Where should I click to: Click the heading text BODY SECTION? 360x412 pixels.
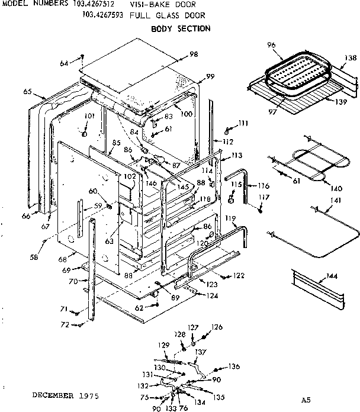(x=180, y=28)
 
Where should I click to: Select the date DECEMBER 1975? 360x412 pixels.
(x=65, y=394)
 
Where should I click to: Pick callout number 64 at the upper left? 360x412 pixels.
(x=64, y=62)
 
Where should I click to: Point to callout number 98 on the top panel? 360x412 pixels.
(x=193, y=54)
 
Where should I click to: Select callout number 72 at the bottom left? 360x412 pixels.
(x=66, y=324)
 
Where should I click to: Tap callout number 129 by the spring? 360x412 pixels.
(x=163, y=345)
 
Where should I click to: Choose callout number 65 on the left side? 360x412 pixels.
(x=27, y=92)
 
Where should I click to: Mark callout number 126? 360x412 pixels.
(x=217, y=327)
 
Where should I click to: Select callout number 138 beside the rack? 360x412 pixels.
(x=350, y=58)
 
